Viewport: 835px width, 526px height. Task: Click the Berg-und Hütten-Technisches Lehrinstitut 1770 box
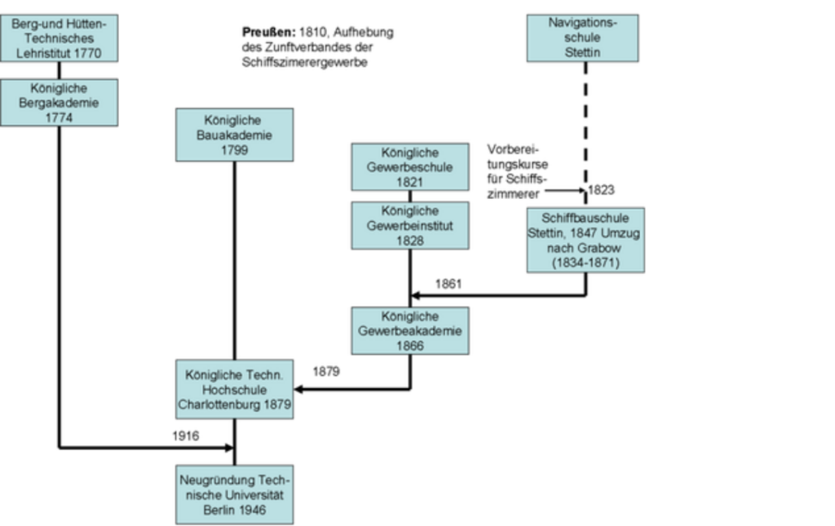59,38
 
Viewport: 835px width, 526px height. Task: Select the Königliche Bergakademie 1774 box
59,102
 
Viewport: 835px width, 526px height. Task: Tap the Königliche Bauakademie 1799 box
234,135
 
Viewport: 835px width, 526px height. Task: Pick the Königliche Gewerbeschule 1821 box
409,167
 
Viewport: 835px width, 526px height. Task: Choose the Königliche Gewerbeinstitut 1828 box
409,226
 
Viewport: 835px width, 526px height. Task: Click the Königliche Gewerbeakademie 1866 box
409,331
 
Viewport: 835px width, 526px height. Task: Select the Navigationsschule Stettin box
582,38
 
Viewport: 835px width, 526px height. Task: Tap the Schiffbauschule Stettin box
585,240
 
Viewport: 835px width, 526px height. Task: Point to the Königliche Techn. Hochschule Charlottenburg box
234,389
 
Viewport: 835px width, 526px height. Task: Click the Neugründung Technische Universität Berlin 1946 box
234,494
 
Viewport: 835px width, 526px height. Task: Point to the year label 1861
448,285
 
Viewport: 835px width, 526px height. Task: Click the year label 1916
185,436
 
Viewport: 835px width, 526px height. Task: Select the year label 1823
601,190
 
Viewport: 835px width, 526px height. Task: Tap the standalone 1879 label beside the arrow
325,371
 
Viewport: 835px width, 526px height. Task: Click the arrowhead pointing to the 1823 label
582,191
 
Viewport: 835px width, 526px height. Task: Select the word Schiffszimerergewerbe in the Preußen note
304,63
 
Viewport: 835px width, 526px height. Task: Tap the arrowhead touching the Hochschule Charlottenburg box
299,389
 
